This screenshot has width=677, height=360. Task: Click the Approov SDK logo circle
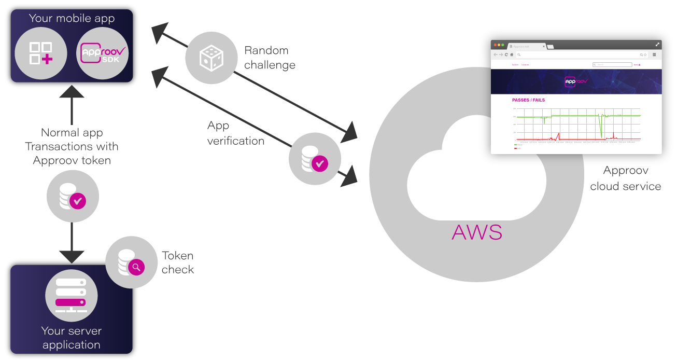pyautogui.click(x=103, y=53)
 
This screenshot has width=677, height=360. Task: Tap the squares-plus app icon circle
pyautogui.click(x=41, y=53)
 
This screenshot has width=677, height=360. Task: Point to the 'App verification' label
pyautogui.click(x=235, y=133)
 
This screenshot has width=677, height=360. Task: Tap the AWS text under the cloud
pyautogui.click(x=477, y=232)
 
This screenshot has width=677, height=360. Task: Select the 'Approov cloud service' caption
pyautogui.click(x=625, y=178)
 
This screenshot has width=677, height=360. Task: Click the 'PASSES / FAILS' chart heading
pyautogui.click(x=528, y=100)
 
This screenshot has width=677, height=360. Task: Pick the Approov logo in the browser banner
pyautogui.click(x=576, y=81)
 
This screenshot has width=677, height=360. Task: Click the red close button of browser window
pyautogui.click(x=495, y=45)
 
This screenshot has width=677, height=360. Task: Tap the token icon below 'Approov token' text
pyautogui.click(x=73, y=196)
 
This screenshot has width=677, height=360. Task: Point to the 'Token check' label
pyautogui.click(x=178, y=262)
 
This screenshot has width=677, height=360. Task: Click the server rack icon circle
pyautogui.click(x=72, y=296)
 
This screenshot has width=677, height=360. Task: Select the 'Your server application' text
pyautogui.click(x=72, y=338)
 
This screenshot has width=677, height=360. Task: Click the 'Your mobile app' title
pyautogui.click(x=72, y=18)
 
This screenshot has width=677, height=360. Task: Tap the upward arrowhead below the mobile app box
pyautogui.click(x=72, y=92)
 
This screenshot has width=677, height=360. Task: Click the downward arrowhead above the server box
pyautogui.click(x=72, y=255)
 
